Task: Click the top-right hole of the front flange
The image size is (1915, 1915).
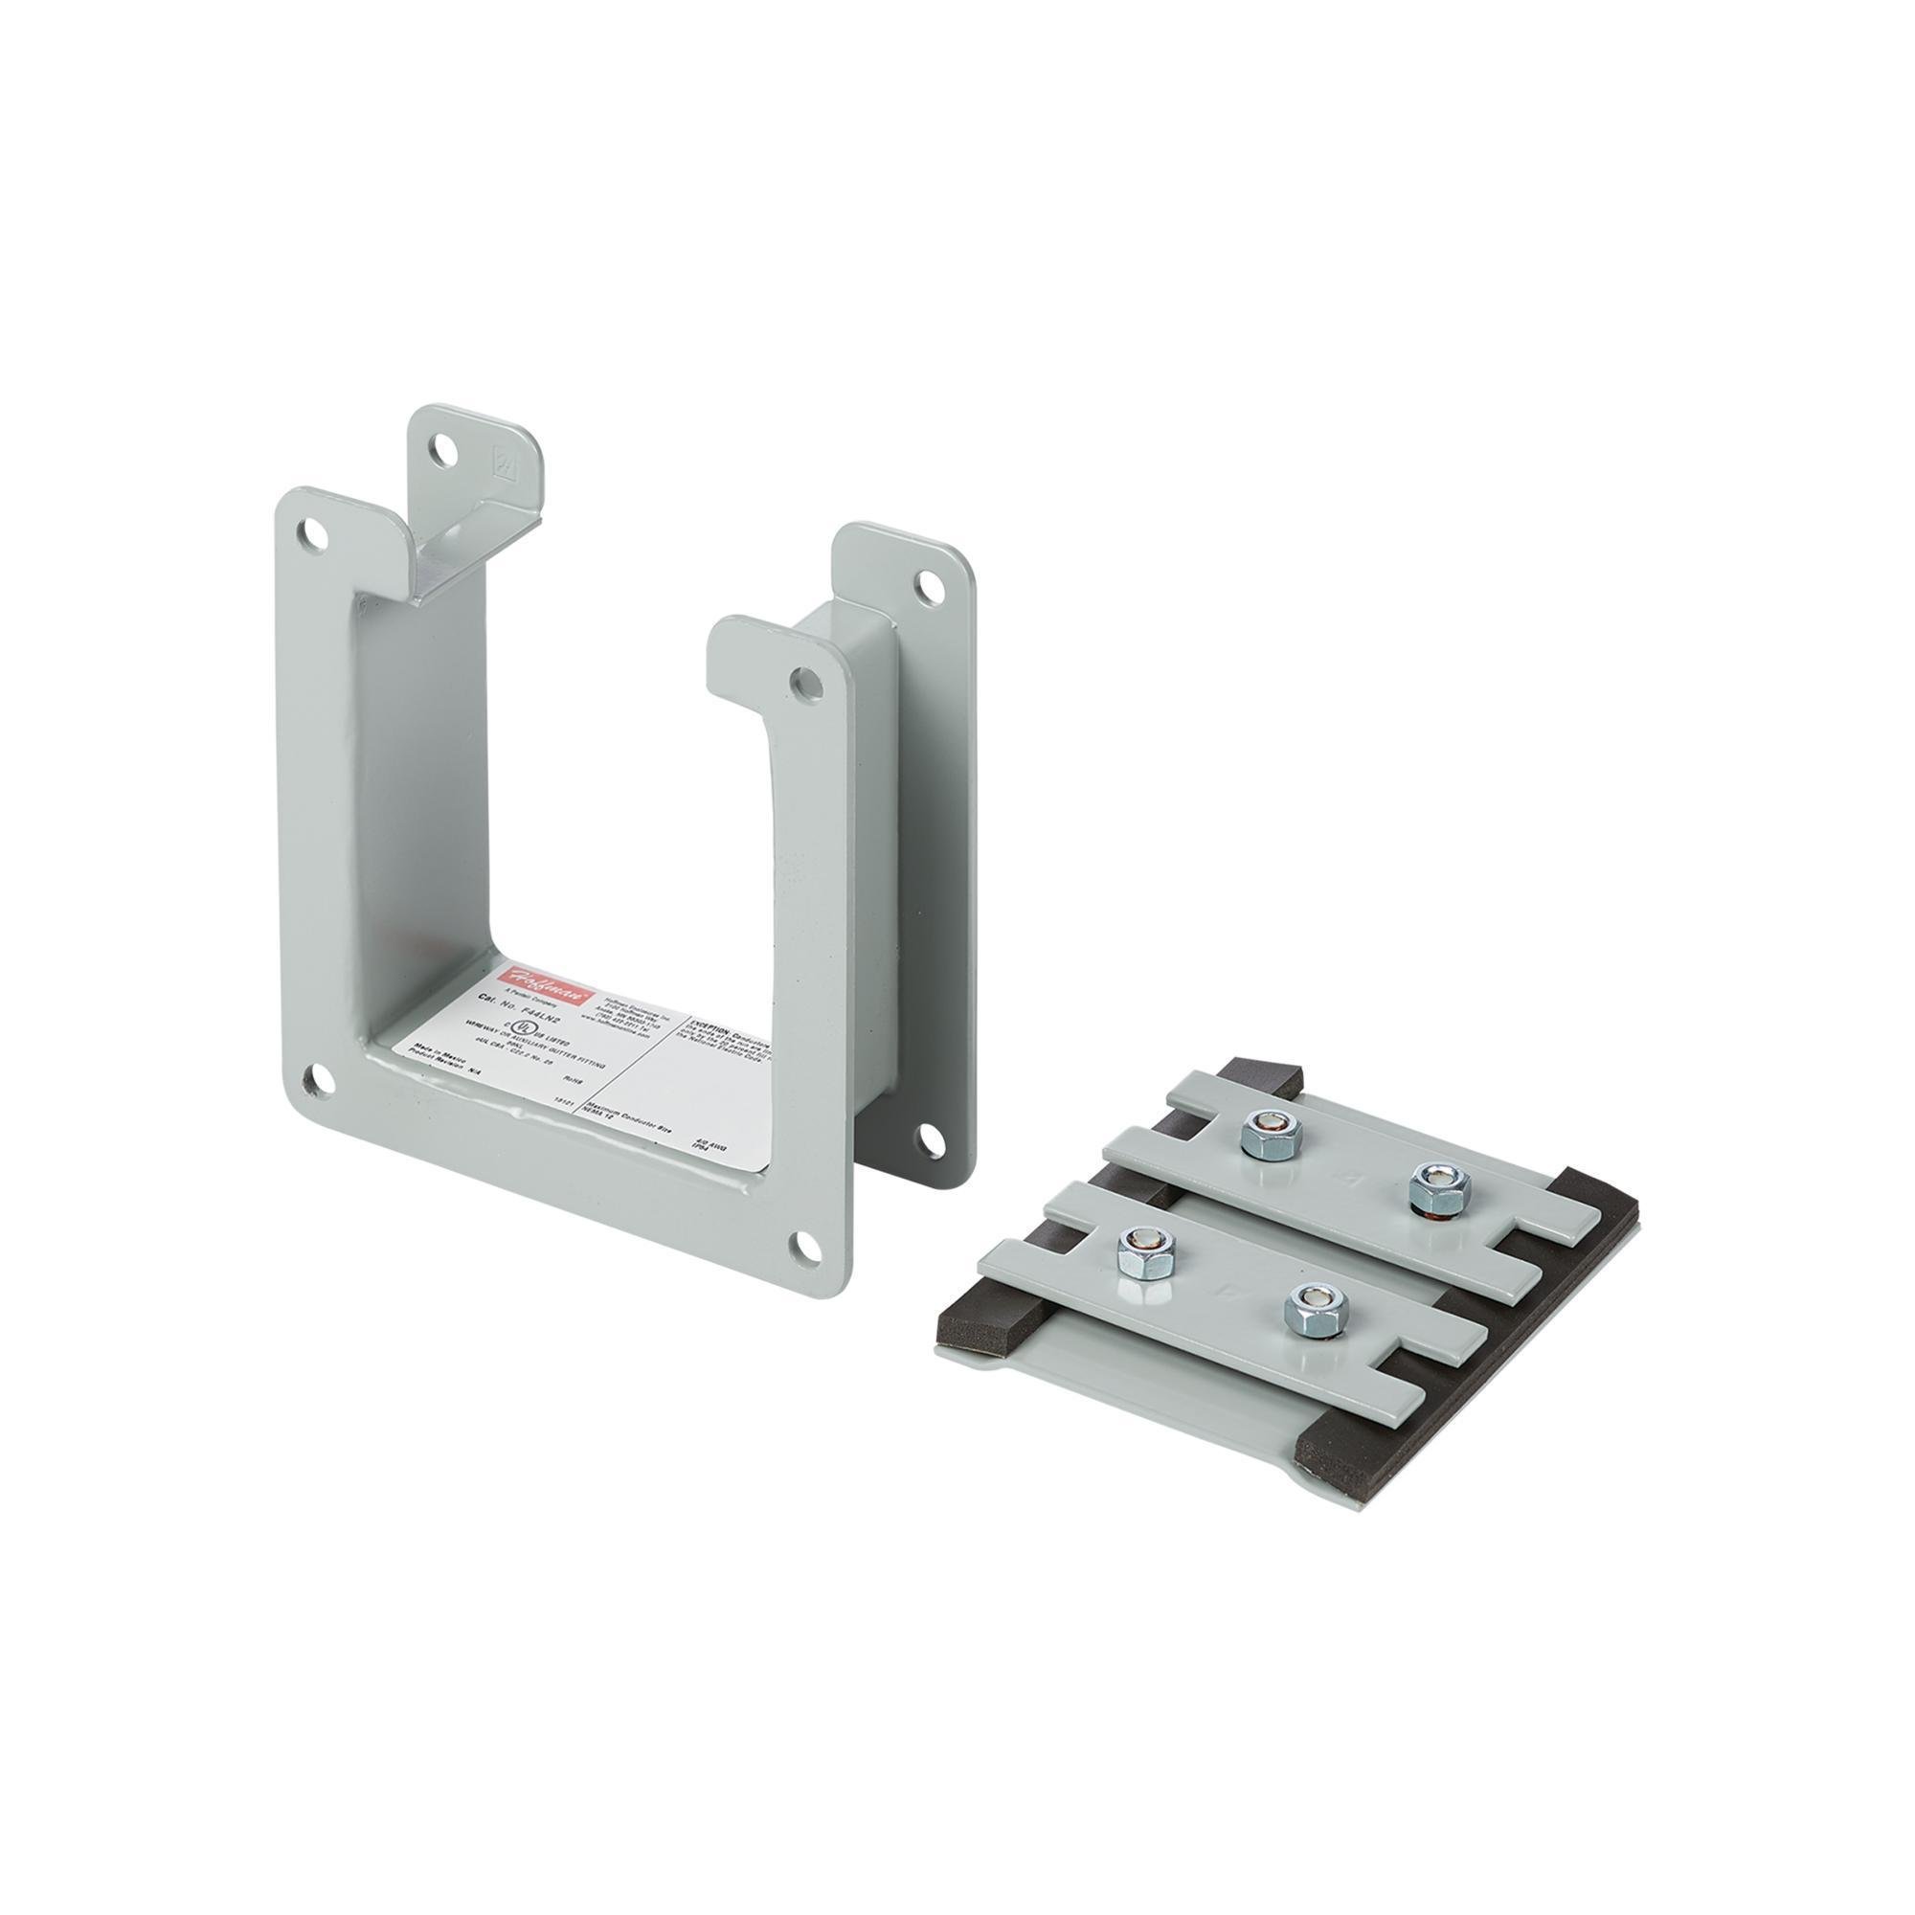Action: click(809, 682)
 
